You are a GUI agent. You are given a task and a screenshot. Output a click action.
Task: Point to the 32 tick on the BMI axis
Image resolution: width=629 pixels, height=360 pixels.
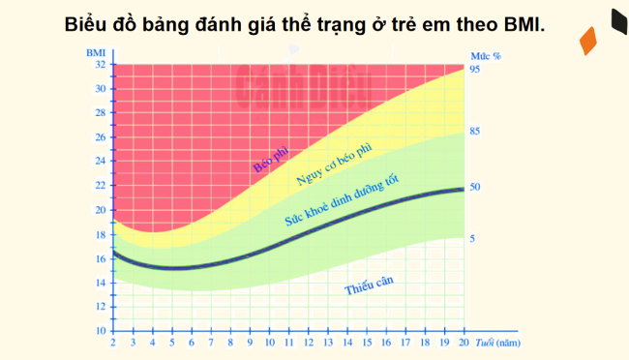99,65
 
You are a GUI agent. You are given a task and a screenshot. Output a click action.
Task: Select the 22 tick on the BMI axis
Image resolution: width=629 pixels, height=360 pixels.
99,186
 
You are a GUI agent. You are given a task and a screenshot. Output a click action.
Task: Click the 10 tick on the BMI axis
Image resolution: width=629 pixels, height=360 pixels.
99,331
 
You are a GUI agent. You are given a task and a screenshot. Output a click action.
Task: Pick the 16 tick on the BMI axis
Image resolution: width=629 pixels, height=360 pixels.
99,258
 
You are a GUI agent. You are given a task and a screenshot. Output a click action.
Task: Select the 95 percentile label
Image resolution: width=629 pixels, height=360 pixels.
475,71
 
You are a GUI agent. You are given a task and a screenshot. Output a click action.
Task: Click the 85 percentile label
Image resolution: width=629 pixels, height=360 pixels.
475,131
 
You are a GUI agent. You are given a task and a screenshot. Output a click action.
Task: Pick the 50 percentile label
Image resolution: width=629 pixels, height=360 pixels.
475,187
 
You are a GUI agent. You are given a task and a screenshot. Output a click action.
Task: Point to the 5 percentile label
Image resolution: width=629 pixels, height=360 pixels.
472,238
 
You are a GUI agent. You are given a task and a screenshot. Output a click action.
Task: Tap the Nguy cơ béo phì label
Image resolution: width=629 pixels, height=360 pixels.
333,165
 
